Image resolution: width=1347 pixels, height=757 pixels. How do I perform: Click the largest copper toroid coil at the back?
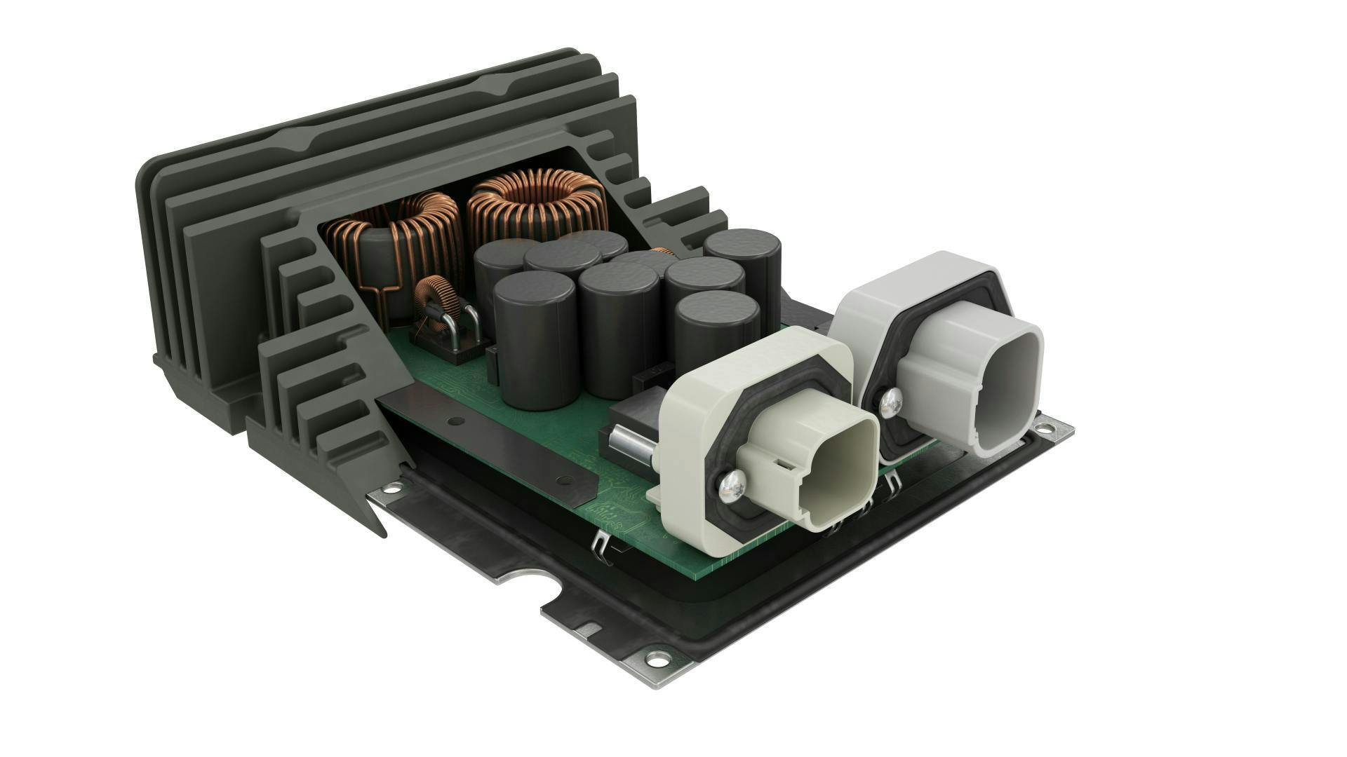(x=537, y=203)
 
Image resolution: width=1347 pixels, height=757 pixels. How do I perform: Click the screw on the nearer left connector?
(x=732, y=484)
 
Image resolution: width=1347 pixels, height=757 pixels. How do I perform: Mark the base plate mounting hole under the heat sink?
(x=389, y=486)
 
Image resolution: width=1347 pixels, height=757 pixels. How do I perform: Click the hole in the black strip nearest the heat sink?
(x=456, y=422)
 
